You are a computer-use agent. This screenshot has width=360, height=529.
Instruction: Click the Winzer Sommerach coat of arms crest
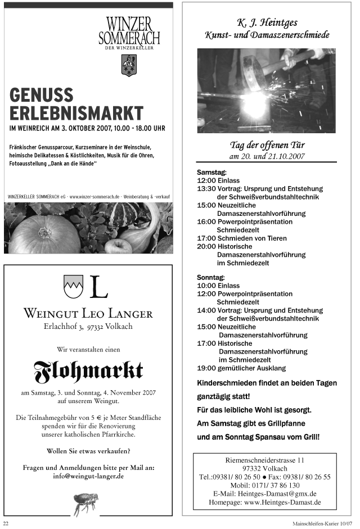(x=129, y=66)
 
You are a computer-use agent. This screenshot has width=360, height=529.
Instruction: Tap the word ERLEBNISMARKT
(x=76, y=112)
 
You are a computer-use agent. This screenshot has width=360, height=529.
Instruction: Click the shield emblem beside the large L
(x=73, y=287)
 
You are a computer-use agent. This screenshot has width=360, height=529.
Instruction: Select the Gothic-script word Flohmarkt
(x=88, y=369)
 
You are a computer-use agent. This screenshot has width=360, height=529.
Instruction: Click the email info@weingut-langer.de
(x=88, y=476)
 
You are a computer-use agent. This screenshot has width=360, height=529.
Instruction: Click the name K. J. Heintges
(x=267, y=23)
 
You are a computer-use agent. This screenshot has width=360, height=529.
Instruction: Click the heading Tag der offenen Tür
(x=267, y=145)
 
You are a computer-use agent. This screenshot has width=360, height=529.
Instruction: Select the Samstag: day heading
(x=211, y=172)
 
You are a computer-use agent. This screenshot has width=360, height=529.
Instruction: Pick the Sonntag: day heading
(x=211, y=277)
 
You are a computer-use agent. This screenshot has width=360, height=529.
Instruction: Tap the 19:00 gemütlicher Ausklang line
(x=241, y=368)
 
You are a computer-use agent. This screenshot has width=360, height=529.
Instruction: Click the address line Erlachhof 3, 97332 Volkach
(x=88, y=327)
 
